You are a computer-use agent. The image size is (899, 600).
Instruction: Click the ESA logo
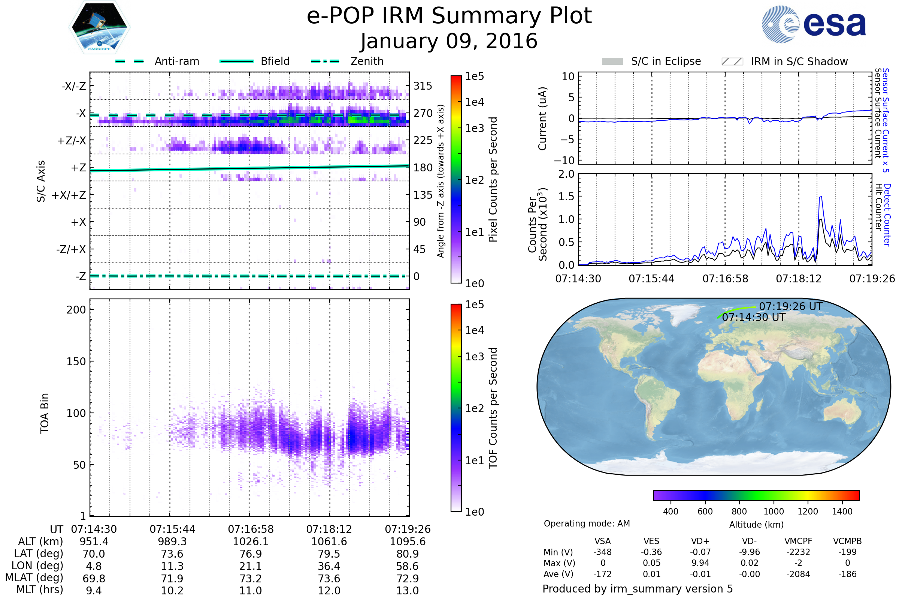(x=814, y=24)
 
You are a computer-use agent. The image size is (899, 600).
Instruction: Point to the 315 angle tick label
(x=423, y=86)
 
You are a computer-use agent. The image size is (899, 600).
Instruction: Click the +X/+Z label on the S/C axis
(x=69, y=195)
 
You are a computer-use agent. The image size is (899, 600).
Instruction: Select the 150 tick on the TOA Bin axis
(x=76, y=361)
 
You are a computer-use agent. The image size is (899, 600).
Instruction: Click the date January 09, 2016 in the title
(x=449, y=41)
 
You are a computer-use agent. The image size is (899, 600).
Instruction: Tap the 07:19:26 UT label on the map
(x=790, y=306)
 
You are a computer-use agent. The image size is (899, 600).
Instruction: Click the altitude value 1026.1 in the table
(x=251, y=542)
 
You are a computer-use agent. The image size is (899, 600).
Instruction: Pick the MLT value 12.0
(x=329, y=590)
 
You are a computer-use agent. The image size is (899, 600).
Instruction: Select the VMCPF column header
(x=798, y=541)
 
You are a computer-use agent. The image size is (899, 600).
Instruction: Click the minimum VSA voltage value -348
(x=602, y=552)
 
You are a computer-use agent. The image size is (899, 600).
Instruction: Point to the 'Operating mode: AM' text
(x=587, y=523)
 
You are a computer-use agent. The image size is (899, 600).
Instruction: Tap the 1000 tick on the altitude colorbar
(x=774, y=511)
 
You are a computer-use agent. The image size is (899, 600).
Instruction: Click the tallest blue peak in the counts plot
(x=821, y=197)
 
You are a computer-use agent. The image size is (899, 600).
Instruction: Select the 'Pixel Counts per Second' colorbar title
(x=493, y=179)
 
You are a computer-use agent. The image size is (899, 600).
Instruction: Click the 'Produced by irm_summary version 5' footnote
(x=638, y=589)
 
